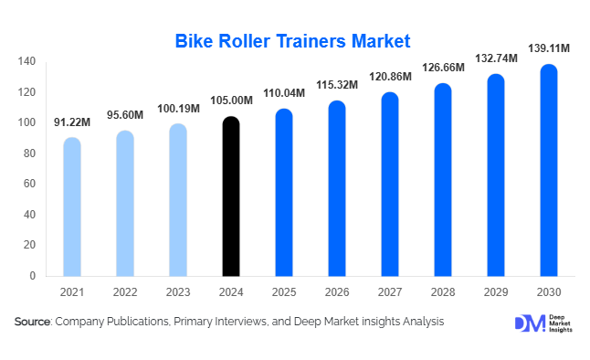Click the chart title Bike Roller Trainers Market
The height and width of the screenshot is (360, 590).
(293, 41)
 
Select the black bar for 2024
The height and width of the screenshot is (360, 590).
(231, 196)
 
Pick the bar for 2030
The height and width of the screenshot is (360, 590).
(550, 170)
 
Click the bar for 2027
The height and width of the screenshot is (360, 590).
(390, 184)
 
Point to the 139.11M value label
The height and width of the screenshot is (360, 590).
(550, 46)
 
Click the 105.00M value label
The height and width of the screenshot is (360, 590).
(231, 100)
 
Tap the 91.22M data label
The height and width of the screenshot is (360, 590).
(71, 121)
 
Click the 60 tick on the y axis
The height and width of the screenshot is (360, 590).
(29, 184)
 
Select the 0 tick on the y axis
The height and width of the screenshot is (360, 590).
(32, 275)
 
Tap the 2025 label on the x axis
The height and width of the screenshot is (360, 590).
(284, 292)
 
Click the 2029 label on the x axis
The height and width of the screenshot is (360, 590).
(497, 292)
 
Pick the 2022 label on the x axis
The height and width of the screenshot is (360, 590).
(124, 292)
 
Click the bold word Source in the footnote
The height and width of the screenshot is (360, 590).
(33, 322)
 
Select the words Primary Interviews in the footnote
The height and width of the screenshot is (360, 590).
(227, 322)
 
